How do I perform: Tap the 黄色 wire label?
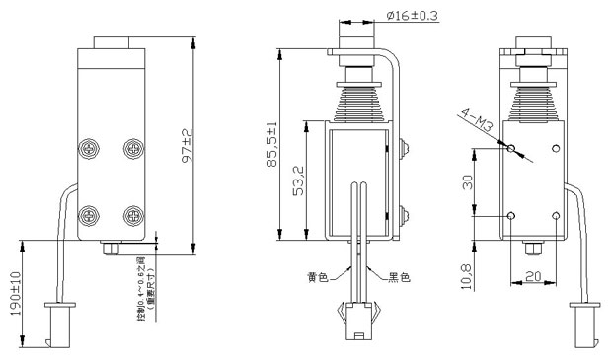pos(317,277)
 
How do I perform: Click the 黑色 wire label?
pos(397,277)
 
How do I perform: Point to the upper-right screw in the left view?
pos(131,149)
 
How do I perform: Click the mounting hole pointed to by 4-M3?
pos(510,149)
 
